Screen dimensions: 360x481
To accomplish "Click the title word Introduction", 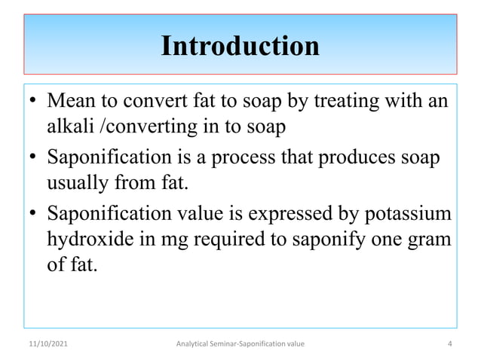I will point(240,46).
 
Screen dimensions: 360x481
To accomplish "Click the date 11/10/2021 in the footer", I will point(44,344).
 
